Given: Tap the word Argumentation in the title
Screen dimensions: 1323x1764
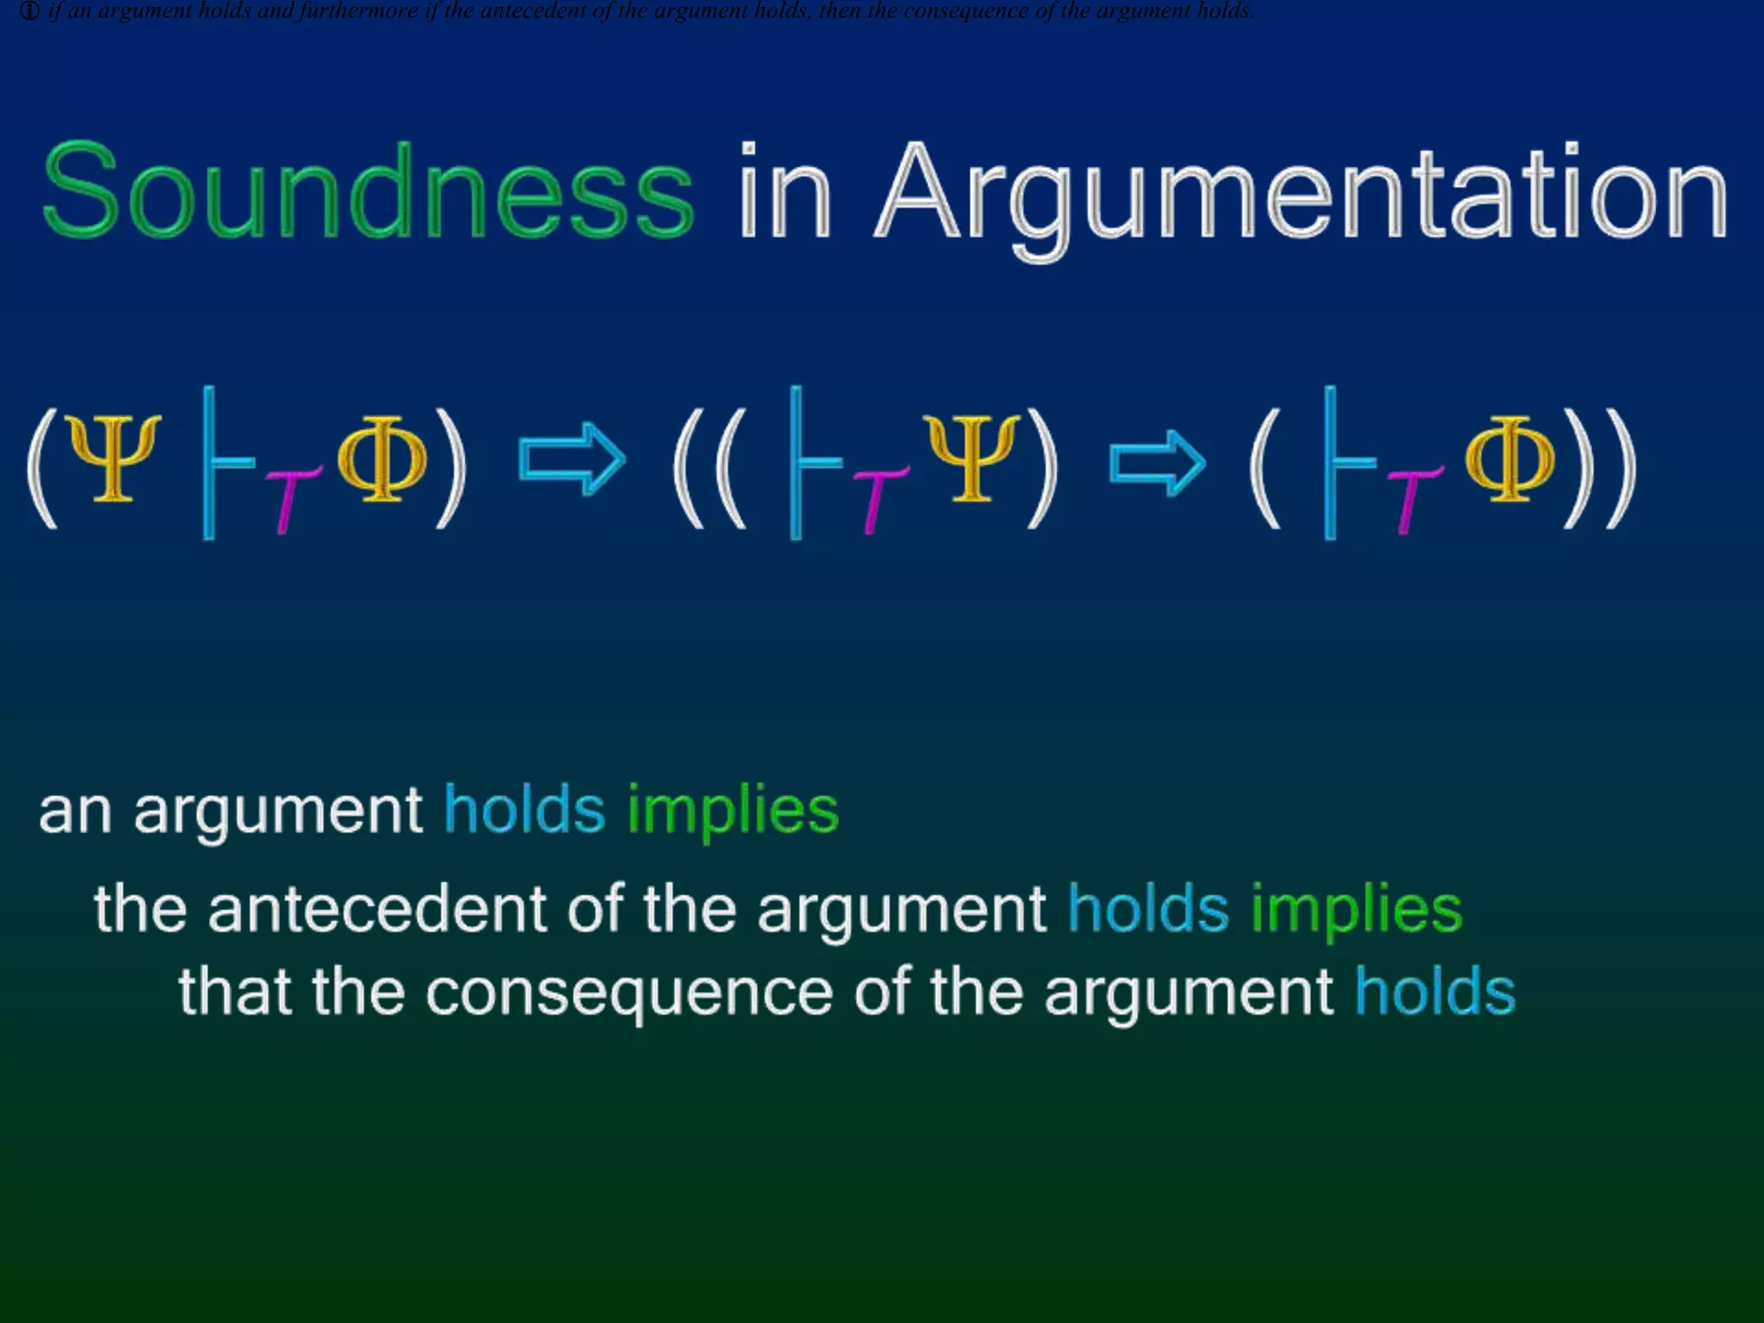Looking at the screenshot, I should (1301, 193).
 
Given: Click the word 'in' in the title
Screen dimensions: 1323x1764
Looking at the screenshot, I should (785, 191).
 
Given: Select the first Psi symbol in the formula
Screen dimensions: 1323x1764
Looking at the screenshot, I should (115, 457).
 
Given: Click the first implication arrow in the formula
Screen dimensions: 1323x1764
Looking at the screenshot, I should (571, 459).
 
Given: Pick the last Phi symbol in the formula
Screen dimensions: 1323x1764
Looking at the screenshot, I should (1509, 457).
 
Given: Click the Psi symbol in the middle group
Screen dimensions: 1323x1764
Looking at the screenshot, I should (972, 457).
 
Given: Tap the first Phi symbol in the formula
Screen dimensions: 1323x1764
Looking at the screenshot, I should (382, 457).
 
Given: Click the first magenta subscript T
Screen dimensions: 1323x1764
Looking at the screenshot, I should (289, 500).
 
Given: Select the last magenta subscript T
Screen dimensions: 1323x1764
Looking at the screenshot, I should (1413, 500).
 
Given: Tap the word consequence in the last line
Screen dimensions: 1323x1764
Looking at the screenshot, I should (629, 992).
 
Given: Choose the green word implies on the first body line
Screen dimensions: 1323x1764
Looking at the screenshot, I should (732, 811).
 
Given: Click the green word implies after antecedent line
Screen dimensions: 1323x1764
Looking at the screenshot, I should (1357, 910).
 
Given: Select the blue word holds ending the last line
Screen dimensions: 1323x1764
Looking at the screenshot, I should (1435, 992).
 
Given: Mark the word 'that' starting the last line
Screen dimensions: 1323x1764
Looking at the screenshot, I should (234, 992).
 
